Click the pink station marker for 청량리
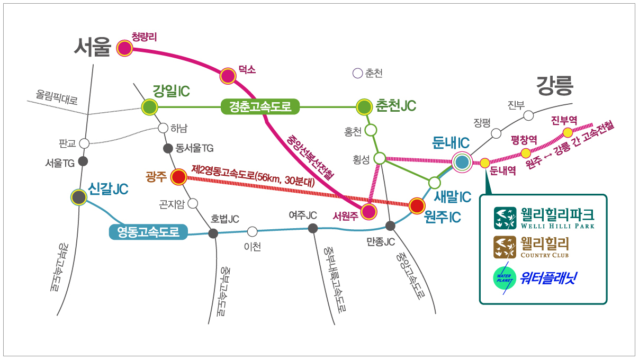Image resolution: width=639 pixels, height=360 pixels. (x=124, y=48)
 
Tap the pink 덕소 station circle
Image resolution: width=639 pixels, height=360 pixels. (x=228, y=76)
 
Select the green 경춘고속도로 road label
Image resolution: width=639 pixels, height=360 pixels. (x=260, y=107)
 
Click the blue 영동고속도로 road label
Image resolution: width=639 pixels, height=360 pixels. (x=148, y=232)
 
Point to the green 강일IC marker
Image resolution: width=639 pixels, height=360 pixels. (x=150, y=107)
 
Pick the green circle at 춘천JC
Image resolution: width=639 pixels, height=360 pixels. (x=364, y=107)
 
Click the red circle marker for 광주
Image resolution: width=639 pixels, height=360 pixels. (x=179, y=177)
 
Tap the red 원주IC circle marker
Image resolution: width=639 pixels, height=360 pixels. (x=417, y=205)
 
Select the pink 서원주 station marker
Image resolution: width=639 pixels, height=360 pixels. (x=369, y=212)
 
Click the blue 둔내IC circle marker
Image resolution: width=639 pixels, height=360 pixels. (x=462, y=162)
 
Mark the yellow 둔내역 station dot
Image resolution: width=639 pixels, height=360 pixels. (x=485, y=163)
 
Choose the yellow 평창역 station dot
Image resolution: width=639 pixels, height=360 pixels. (x=526, y=153)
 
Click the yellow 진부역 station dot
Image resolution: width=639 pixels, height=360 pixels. (x=567, y=132)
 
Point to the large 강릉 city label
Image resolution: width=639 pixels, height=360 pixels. (x=555, y=84)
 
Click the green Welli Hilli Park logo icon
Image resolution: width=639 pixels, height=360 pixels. (x=505, y=218)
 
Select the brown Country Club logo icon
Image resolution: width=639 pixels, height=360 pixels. (x=505, y=247)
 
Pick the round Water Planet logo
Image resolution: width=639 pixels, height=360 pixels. (x=503, y=277)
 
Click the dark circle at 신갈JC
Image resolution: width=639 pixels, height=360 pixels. (x=79, y=197)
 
